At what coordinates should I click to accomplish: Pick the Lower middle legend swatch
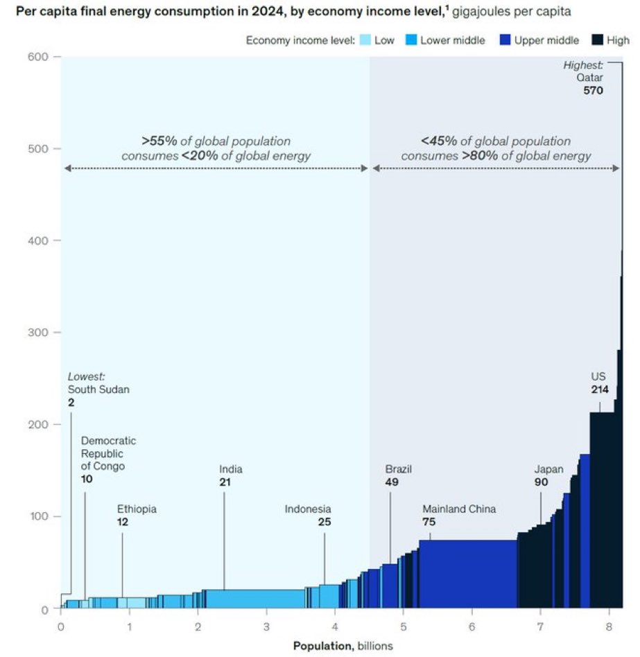(410, 40)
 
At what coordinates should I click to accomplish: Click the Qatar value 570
(594, 90)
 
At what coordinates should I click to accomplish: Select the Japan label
(548, 469)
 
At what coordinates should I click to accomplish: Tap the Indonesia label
(308, 509)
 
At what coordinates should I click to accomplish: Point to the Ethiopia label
(137, 509)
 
